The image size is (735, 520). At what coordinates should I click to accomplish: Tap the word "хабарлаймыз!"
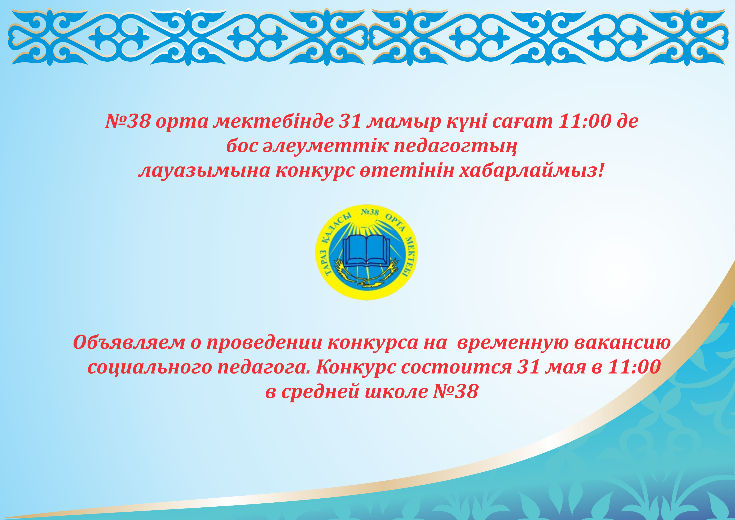point(531,171)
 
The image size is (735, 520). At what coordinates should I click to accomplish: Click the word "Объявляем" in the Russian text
point(129,342)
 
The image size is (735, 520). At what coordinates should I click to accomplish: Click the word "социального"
point(150,367)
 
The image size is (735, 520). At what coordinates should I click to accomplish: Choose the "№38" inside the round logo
point(370,212)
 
